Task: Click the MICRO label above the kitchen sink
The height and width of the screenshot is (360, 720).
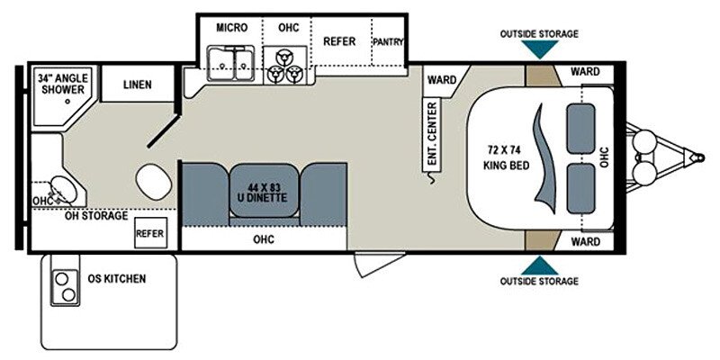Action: click(231, 28)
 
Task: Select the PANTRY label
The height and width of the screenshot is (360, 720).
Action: click(388, 41)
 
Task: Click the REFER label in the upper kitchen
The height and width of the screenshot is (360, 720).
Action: click(340, 41)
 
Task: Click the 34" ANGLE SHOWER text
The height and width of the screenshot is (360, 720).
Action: click(61, 84)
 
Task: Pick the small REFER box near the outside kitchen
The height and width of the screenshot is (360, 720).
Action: click(149, 233)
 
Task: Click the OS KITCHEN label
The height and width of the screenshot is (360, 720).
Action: click(117, 279)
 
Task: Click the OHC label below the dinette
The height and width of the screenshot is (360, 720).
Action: click(264, 239)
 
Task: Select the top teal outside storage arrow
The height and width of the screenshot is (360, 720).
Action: click(539, 50)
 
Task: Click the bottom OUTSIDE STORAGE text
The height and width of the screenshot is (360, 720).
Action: click(539, 282)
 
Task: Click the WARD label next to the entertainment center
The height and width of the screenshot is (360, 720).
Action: click(441, 80)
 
